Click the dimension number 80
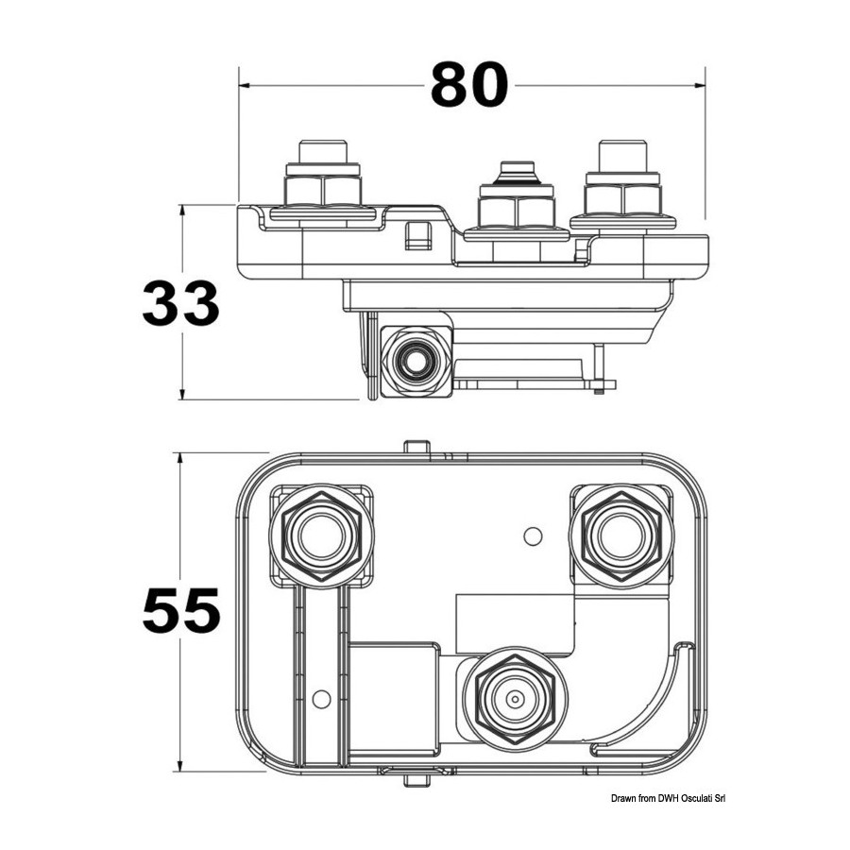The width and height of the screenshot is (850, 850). coord(469,85)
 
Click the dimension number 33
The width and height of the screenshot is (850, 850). coord(180,303)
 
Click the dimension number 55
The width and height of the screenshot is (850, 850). coord(181,610)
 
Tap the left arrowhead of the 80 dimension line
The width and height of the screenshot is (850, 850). coord(244,85)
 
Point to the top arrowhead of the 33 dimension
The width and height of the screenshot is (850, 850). coord(182,210)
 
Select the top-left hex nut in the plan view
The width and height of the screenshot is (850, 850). coord(322,536)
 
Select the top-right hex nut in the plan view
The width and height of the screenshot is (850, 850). coord(621,536)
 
